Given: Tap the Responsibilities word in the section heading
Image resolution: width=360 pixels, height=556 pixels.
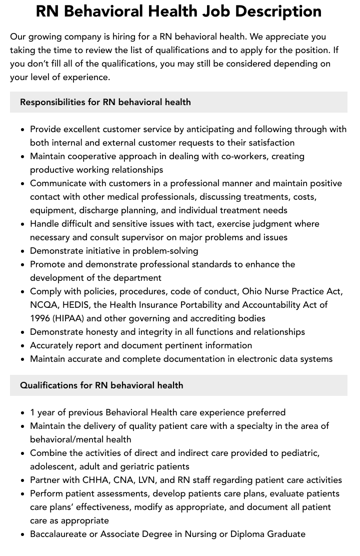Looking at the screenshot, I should pos(52,102).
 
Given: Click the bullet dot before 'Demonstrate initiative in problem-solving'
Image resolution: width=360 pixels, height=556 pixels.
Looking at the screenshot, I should pos(23,251).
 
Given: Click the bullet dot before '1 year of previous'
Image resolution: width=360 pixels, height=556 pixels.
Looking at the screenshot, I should pos(23,413).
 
